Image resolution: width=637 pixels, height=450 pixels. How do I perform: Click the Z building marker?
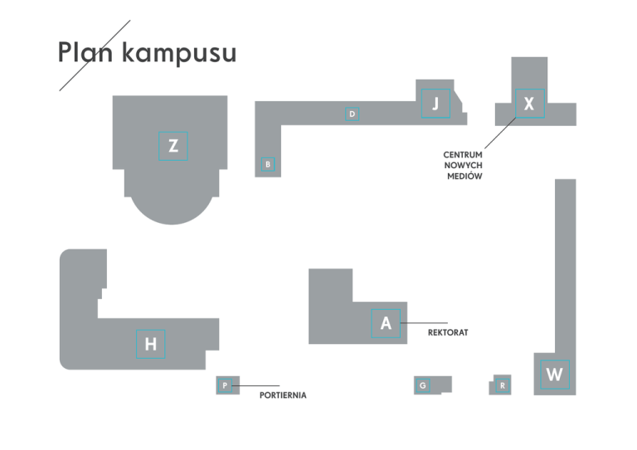pyautogui.click(x=173, y=146)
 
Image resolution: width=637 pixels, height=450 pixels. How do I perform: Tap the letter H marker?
pyautogui.click(x=151, y=344)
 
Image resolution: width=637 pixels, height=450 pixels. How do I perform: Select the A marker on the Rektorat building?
pyautogui.click(x=386, y=323)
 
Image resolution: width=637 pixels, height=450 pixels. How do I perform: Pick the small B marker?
pyautogui.click(x=268, y=164)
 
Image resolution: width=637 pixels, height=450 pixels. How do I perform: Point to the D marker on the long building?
pyautogui.click(x=353, y=114)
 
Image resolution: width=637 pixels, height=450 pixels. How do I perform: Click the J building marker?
pyautogui.click(x=435, y=104)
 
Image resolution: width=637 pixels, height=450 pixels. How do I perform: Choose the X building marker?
pyautogui.click(x=530, y=104)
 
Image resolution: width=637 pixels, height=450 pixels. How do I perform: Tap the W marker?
pyautogui.click(x=555, y=375)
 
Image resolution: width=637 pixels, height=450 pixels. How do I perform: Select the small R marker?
pyautogui.click(x=503, y=385)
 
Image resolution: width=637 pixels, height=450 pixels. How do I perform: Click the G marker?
pyautogui.click(x=423, y=385)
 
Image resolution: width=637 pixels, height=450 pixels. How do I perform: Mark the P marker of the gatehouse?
pyautogui.click(x=225, y=385)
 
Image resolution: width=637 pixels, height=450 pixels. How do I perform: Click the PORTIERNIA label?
pyautogui.click(x=283, y=395)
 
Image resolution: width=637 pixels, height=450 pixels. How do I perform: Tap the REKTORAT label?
pyautogui.click(x=448, y=332)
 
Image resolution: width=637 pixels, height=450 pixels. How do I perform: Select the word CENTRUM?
pyautogui.click(x=463, y=155)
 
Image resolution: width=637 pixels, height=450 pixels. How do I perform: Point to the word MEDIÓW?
pyautogui.click(x=464, y=176)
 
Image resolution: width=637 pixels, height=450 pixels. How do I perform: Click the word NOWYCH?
pyautogui.click(x=463, y=166)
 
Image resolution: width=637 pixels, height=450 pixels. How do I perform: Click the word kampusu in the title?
pyautogui.click(x=179, y=53)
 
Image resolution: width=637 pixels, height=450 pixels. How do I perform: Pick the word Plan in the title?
pyautogui.click(x=85, y=52)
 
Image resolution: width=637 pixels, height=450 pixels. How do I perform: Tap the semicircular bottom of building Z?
pyautogui.click(x=172, y=211)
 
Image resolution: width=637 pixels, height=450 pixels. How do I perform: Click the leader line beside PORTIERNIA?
pyautogui.click(x=255, y=385)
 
